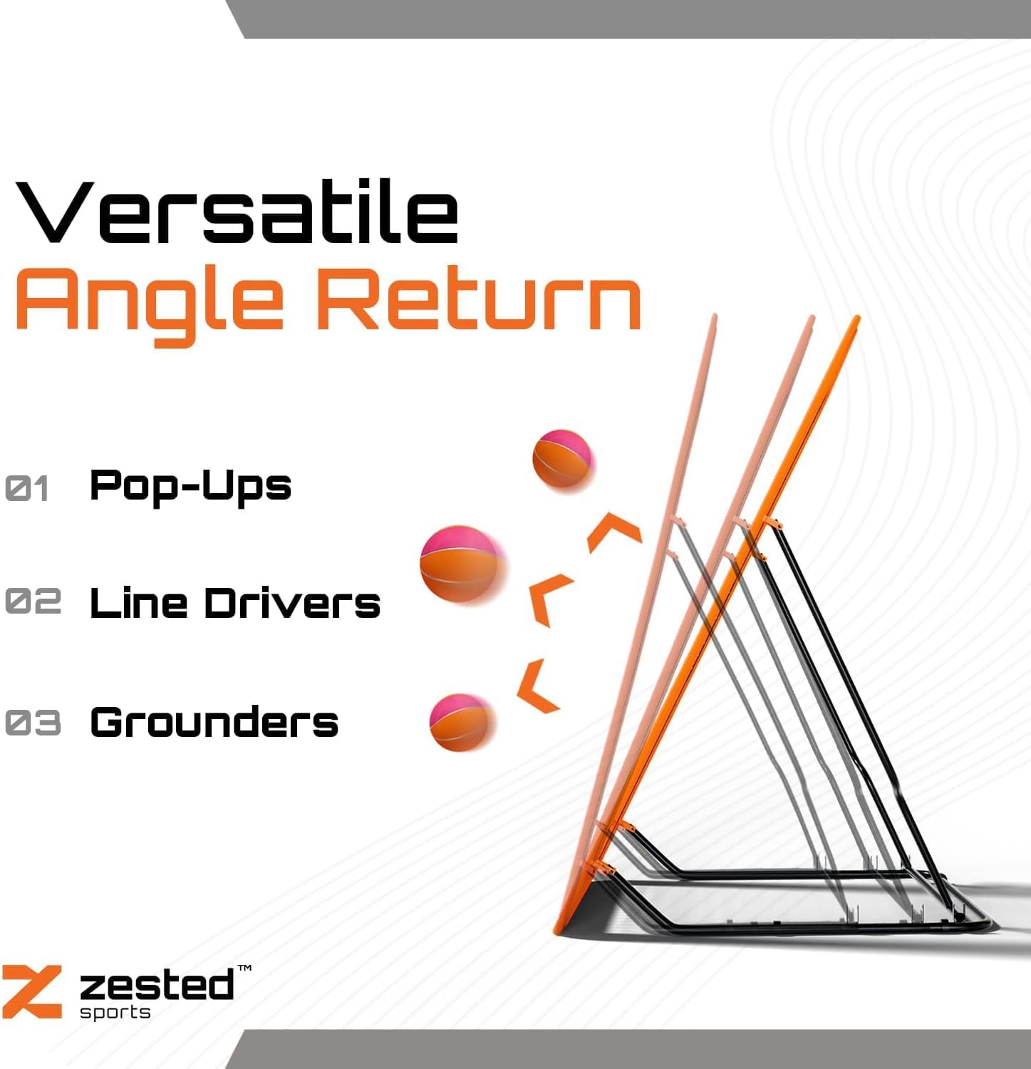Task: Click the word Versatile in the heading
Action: (237, 212)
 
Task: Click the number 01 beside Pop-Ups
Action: (27, 489)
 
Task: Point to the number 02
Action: (33, 601)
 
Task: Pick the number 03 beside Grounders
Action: (33, 723)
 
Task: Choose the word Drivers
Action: (292, 603)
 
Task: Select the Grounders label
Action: (214, 722)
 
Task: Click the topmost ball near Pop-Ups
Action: (562, 460)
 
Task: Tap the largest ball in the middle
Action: (462, 567)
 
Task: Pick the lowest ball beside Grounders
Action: (462, 722)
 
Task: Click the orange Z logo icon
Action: (31, 991)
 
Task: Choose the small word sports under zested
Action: (115, 1013)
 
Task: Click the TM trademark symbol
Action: (244, 969)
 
